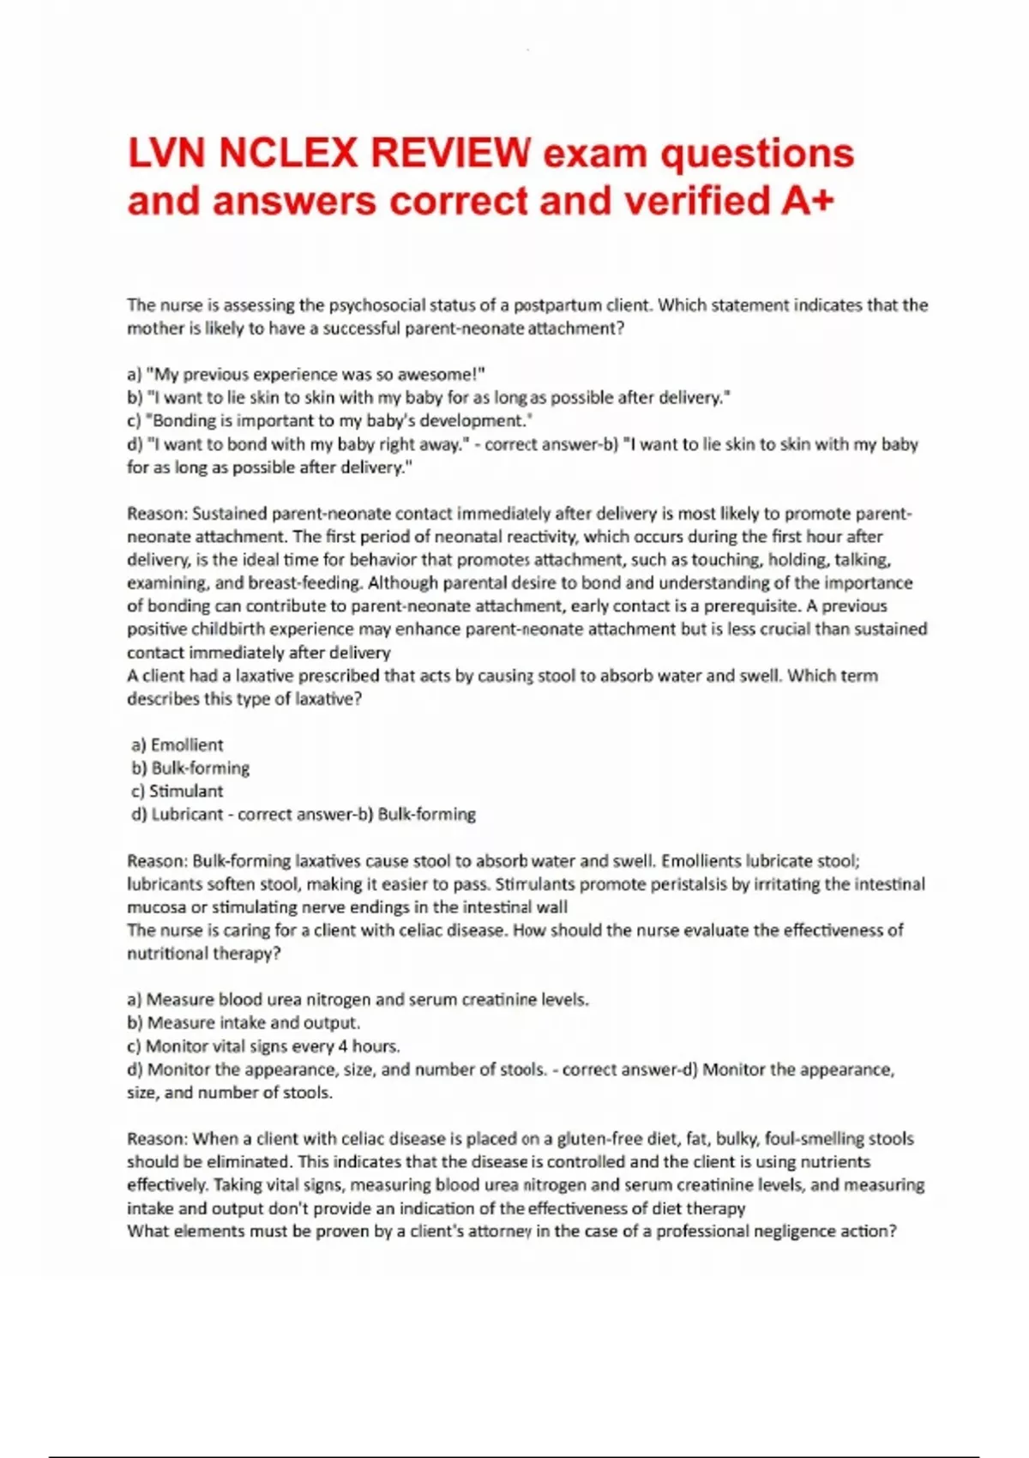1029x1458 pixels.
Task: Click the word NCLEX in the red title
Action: pos(287,154)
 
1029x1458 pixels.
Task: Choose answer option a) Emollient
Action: pos(178,745)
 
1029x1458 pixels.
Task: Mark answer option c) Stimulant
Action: pos(178,792)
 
